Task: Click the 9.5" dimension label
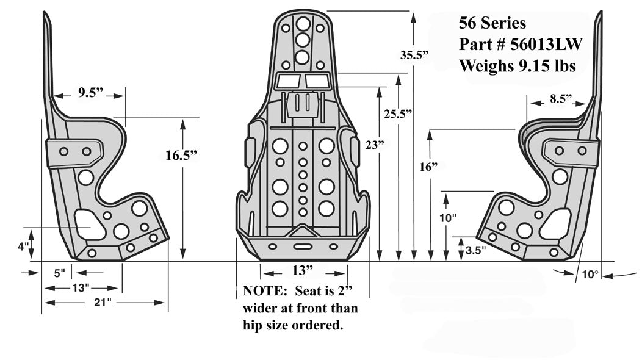coord(90,93)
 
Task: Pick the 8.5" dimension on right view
coord(560,98)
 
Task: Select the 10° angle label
coord(589,275)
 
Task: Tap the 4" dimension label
coord(23,247)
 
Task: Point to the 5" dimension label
coord(59,273)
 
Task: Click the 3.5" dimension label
coord(475,251)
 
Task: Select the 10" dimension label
coord(447,218)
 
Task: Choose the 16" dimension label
coord(430,167)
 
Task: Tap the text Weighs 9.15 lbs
coord(517,66)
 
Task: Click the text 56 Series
coord(492,23)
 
